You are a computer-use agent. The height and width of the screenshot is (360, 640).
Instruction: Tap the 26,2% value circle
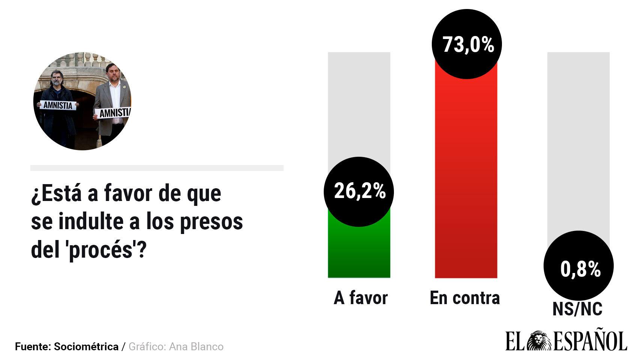359,192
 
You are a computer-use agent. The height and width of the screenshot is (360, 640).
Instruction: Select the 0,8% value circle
578,266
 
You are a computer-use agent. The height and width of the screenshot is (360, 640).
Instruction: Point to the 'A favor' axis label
361,298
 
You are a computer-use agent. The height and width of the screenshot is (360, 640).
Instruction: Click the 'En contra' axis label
465,298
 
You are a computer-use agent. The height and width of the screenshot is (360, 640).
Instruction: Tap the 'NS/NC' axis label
577,309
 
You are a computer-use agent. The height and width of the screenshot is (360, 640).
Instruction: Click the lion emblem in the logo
539,341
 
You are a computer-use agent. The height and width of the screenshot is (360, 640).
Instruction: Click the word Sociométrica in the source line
86,346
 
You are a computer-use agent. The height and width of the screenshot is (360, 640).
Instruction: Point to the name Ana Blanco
196,346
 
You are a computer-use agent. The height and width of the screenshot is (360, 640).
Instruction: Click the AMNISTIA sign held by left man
58,105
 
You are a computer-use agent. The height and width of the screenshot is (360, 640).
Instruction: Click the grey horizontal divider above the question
157,168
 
